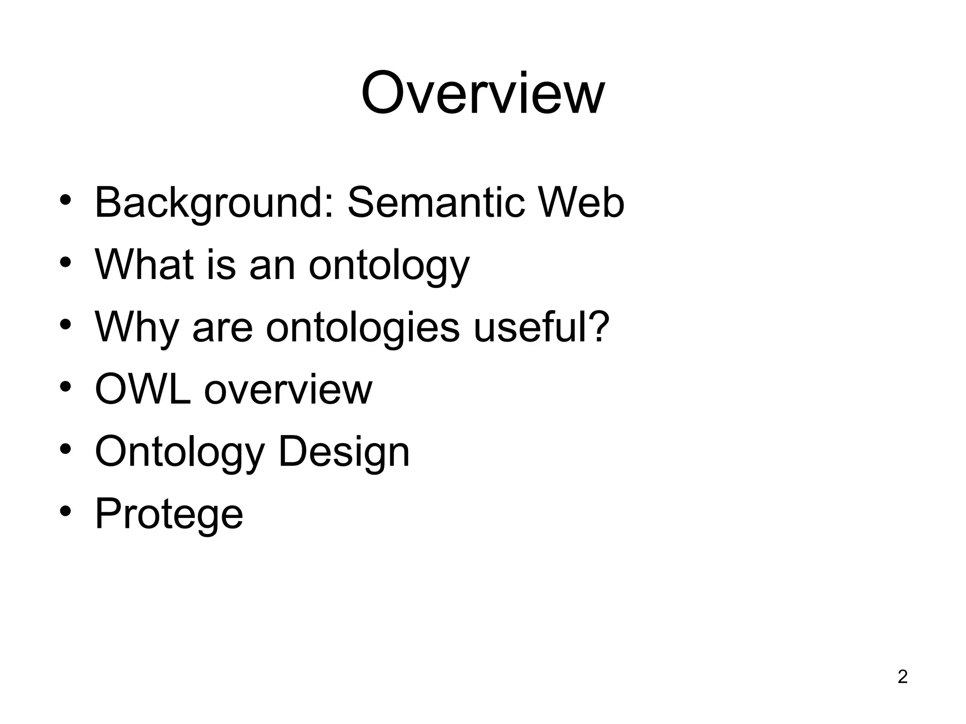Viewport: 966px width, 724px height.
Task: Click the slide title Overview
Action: (483, 93)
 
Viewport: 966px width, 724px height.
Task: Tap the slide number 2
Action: (902, 677)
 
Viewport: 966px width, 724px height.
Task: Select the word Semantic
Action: (436, 203)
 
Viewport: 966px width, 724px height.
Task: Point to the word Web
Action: (581, 203)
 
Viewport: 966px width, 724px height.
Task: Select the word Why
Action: (136, 328)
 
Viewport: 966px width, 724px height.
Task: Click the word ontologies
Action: (362, 328)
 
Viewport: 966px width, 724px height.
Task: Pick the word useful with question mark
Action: (541, 327)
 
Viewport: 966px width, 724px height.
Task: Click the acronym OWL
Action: (143, 390)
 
